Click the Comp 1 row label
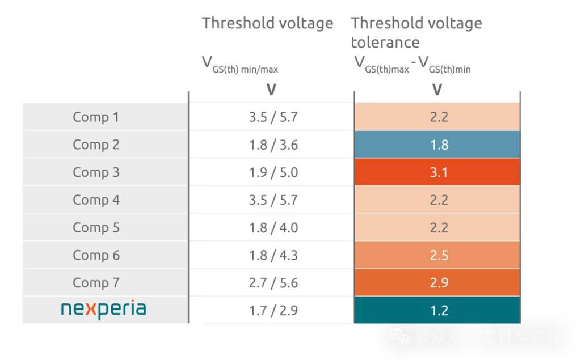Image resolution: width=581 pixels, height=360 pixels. pos(96,117)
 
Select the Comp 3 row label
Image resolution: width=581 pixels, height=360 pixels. pos(96,172)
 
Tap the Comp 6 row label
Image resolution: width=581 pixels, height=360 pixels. pos(96,255)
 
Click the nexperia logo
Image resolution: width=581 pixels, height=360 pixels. pos(103,310)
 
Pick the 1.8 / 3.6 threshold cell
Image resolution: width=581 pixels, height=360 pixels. pos(273,145)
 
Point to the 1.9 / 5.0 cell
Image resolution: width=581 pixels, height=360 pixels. pos(273,172)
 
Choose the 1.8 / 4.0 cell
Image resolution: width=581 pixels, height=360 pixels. pos(273,227)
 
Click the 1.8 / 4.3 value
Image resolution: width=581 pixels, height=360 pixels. pos(273,255)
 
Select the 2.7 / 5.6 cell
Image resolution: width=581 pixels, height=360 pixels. pos(273,282)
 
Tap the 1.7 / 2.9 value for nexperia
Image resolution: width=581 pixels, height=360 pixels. pos(273,310)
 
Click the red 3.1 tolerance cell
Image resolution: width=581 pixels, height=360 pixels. pos(439,172)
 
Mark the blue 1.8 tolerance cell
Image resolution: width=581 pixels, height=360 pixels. pos(439,145)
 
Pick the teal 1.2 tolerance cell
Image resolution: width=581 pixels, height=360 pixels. pos(439,310)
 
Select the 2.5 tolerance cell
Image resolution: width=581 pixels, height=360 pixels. pos(439,255)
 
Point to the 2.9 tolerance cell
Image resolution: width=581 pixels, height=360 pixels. pos(439,282)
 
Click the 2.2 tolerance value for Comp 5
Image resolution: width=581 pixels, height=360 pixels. pos(439,227)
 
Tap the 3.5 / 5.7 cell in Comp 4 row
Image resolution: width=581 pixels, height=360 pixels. pos(273,200)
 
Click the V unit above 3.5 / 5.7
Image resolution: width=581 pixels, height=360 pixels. pos(271,90)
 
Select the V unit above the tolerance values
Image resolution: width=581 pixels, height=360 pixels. pos(437,90)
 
